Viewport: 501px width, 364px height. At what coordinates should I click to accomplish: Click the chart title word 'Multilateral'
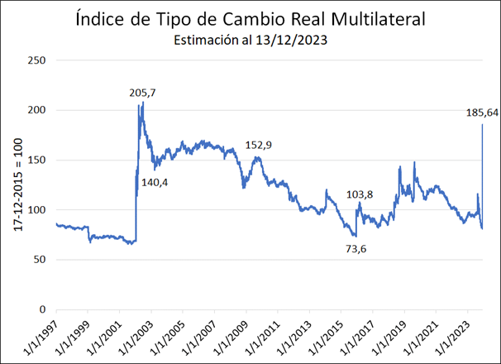pos(381,18)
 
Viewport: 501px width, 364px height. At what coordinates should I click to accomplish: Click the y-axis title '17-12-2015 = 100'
pos(17,184)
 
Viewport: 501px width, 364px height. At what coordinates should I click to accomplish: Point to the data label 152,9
pos(259,145)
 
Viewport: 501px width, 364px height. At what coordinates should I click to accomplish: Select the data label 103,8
pos(359,195)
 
